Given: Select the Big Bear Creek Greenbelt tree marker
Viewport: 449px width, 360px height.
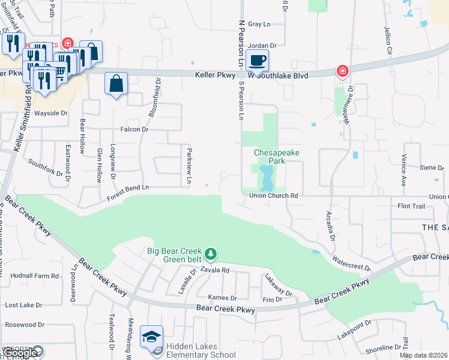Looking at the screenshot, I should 210,254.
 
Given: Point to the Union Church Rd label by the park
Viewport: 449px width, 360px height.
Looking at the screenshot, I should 273,196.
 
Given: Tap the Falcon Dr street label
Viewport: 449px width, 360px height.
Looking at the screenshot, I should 134,129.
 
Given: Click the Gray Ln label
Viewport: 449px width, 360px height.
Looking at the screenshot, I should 259,24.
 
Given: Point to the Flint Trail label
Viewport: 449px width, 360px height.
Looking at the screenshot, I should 411,206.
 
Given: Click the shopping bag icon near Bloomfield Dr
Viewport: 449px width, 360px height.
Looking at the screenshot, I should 116,83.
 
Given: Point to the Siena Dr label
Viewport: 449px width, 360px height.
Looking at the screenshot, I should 432,167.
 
